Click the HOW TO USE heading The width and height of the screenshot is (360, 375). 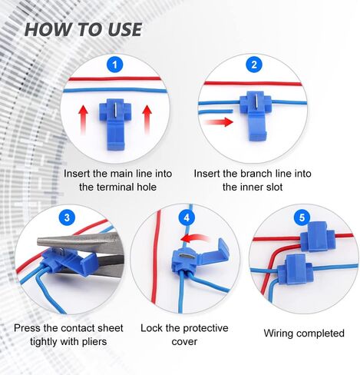pyautogui.click(x=83, y=29)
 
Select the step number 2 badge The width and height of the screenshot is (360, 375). pyautogui.click(x=254, y=65)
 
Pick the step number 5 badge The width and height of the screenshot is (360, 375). pyautogui.click(x=302, y=217)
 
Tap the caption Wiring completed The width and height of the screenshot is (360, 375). pyautogui.click(x=304, y=334)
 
